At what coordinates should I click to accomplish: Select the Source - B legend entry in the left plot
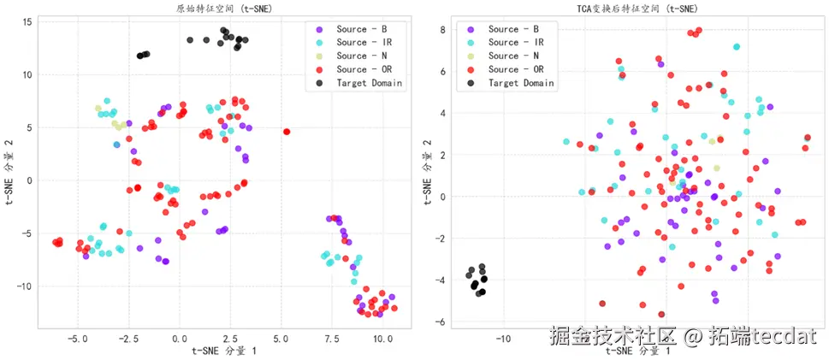(x=359, y=29)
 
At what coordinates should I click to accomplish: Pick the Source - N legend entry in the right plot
(x=514, y=56)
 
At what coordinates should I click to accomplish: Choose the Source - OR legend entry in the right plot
(x=516, y=69)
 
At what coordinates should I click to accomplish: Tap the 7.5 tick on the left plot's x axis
(x=331, y=339)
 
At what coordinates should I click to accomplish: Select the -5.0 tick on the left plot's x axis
(x=78, y=339)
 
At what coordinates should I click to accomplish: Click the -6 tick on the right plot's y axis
(x=440, y=322)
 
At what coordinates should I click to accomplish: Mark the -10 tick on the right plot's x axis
(x=503, y=339)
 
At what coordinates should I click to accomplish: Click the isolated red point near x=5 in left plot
(x=287, y=132)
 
